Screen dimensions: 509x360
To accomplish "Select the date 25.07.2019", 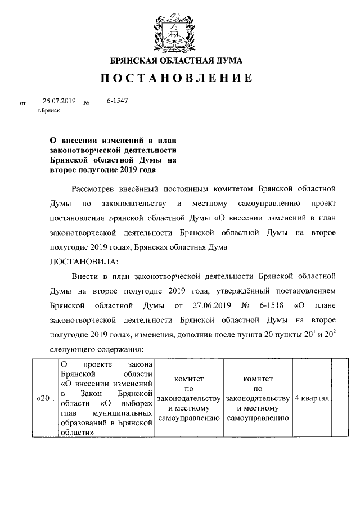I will point(51,101).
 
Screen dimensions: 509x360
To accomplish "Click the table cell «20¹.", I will point(45,398).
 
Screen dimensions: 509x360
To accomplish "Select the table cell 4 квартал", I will point(312,398).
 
